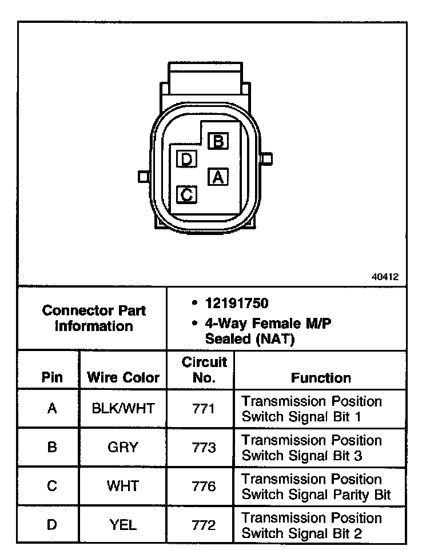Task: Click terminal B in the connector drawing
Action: coord(218,141)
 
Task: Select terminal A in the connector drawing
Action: coord(217,177)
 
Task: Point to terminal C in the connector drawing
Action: coord(186,194)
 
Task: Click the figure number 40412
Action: coord(385,276)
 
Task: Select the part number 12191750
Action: coord(237,303)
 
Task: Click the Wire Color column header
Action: coord(123,378)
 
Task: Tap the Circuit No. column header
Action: coord(204,370)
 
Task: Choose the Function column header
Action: coord(321,378)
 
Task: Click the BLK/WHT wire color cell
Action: coord(123,409)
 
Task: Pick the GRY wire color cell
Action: coord(123,448)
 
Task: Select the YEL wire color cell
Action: coord(123,525)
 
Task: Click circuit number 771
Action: coord(204,409)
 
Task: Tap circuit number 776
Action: coord(204,487)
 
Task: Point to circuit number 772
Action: coord(204,525)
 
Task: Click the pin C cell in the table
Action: coord(51,487)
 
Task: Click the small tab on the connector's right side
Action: coord(266,158)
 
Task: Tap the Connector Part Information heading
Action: coord(94,318)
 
